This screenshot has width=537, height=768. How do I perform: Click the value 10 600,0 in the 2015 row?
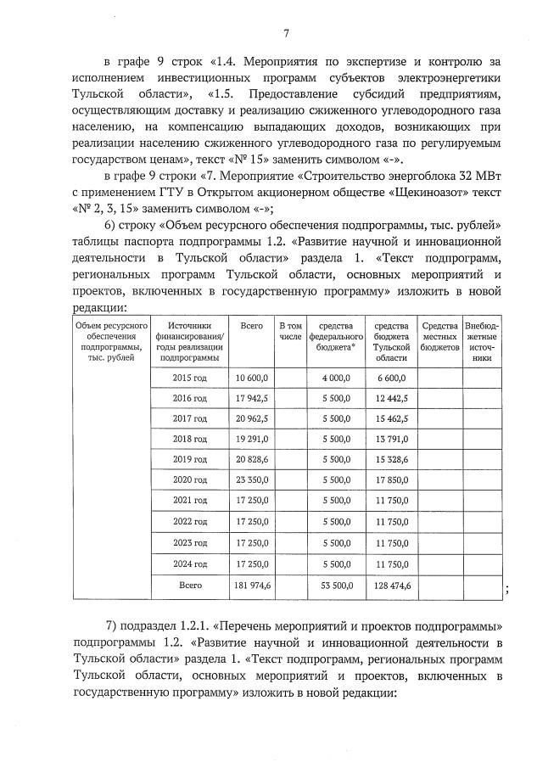(x=252, y=378)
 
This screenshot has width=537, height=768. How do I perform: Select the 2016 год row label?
(x=190, y=398)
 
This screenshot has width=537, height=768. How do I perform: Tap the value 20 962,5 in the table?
(x=252, y=419)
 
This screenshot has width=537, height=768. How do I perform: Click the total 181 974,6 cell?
(x=250, y=586)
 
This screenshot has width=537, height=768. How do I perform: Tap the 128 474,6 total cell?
(x=390, y=586)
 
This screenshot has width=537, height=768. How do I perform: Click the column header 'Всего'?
(x=251, y=326)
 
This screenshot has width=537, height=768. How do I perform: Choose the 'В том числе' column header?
(x=290, y=331)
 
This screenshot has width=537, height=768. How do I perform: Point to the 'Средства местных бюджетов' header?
(x=439, y=336)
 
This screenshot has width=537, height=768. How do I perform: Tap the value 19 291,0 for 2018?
(x=252, y=440)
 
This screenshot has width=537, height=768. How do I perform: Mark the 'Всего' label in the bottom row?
(x=190, y=586)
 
